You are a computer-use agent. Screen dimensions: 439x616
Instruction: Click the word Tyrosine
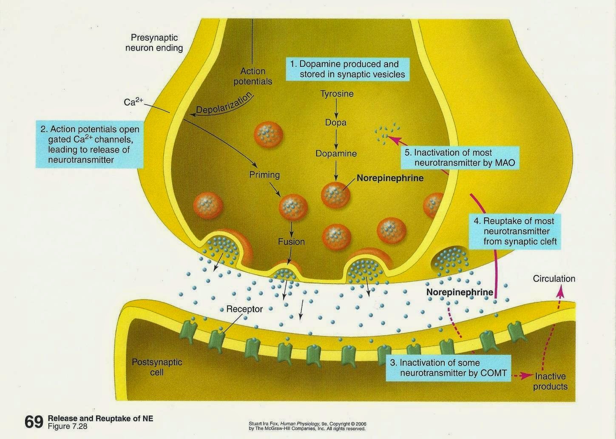click(337, 94)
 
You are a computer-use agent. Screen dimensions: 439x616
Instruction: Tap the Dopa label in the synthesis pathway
click(336, 123)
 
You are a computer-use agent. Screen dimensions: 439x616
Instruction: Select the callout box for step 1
click(348, 69)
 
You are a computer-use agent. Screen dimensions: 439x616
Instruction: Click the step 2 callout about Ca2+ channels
click(89, 144)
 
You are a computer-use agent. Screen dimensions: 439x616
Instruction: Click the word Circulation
click(554, 279)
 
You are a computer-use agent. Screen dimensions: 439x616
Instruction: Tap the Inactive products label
click(550, 381)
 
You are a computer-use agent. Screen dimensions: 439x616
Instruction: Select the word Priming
click(264, 174)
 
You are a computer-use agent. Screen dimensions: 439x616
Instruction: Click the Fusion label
click(291, 242)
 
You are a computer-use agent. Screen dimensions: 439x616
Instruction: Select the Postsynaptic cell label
click(157, 367)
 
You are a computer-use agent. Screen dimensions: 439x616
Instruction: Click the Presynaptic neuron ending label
click(154, 43)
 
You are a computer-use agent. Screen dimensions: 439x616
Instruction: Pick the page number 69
click(34, 422)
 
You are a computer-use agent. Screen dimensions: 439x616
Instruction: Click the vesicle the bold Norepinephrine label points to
click(336, 194)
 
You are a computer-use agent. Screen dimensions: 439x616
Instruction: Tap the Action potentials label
click(253, 76)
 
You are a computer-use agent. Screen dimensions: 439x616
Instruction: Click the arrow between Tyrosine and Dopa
click(336, 108)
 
